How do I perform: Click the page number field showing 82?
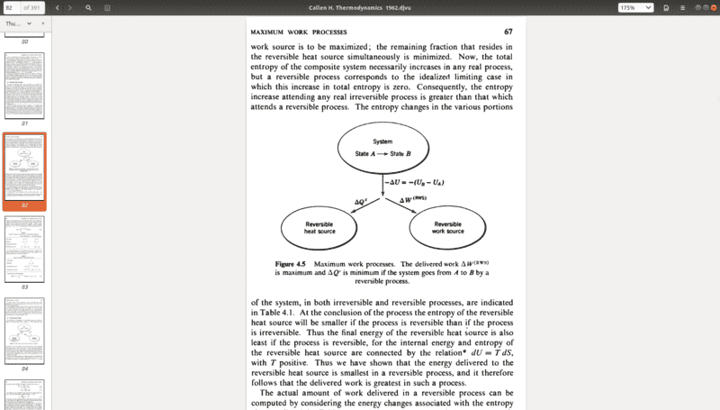click(12, 7)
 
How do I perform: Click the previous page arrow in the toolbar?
click(58, 7)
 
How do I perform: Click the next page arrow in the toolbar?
click(71, 7)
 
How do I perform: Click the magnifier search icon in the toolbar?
click(88, 7)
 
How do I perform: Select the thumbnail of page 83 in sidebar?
click(25, 247)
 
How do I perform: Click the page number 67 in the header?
click(508, 32)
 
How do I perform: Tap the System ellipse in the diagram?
click(382, 149)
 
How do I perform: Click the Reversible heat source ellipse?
click(320, 229)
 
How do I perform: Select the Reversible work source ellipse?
click(448, 229)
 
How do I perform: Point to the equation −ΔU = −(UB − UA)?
click(415, 183)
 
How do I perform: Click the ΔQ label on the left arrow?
click(361, 201)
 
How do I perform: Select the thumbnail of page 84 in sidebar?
click(25, 328)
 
